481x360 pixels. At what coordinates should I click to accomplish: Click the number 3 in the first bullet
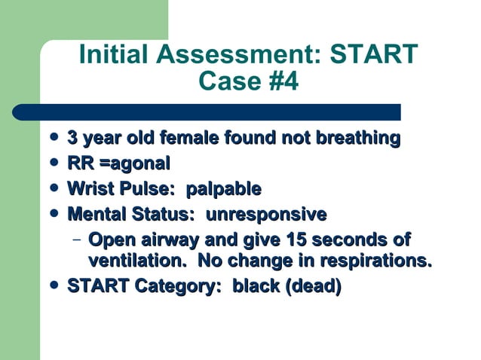point(73,139)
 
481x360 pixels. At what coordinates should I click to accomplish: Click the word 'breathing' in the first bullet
point(354,139)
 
